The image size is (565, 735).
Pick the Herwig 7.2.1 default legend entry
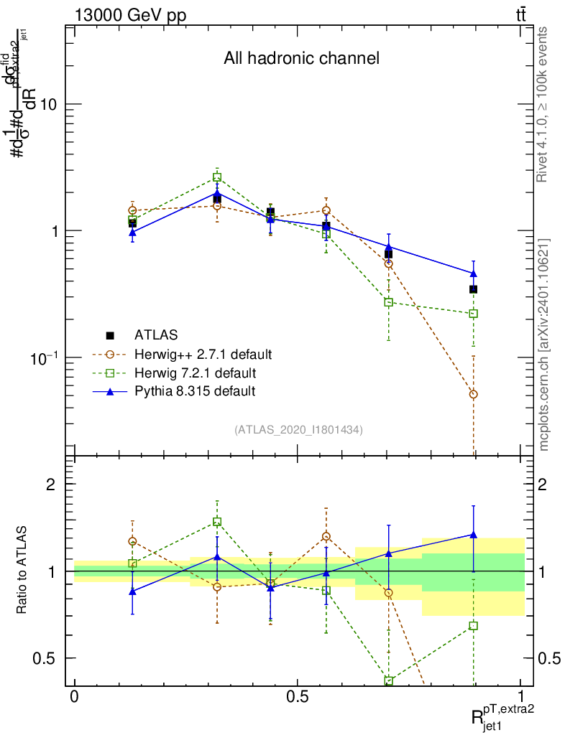click(195, 373)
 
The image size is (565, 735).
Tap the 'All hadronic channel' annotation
click(301, 58)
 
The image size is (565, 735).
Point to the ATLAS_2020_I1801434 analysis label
click(298, 430)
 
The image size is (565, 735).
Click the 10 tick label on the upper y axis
click(48, 104)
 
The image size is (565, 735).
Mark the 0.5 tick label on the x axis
click(297, 697)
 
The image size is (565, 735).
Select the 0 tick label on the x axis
click(74, 697)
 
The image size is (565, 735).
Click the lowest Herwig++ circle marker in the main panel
click(473, 395)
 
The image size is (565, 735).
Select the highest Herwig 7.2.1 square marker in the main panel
click(217, 177)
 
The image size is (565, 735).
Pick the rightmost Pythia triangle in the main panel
click(473, 273)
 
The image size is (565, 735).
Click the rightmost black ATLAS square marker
click(473, 289)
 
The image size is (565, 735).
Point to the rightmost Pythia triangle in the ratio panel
click(473, 534)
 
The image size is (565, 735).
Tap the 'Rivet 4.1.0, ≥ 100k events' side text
click(544, 111)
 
